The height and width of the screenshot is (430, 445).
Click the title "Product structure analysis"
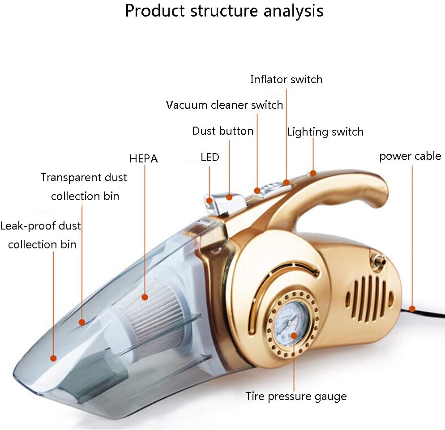224,11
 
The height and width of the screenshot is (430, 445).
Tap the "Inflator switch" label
286,80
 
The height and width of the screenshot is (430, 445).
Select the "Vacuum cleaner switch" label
224,105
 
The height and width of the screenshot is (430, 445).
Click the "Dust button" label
222,131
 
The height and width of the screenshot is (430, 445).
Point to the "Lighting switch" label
325,132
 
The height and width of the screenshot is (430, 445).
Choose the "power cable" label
410,156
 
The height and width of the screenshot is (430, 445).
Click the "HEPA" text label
143,158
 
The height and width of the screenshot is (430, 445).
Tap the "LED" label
210,158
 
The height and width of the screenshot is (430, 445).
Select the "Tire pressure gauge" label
296,396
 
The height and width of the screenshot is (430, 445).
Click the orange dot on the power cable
412,308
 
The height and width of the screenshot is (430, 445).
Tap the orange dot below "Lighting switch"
313,173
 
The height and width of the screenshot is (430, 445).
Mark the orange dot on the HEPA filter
145,296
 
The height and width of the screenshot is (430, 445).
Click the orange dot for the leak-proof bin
53,358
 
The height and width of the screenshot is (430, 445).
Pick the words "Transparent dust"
84,178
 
